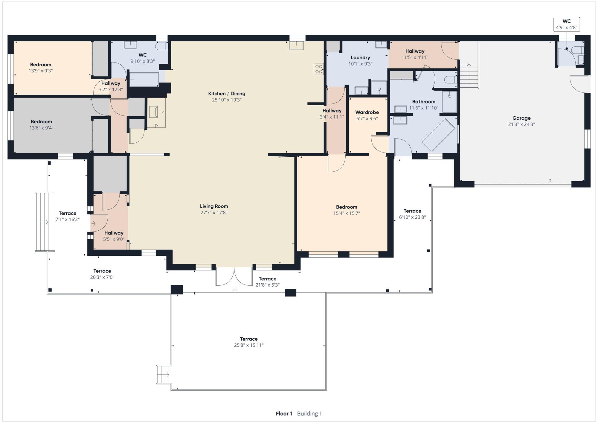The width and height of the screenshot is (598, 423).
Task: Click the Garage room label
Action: (521, 118)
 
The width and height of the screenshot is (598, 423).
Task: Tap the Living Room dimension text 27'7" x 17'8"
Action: (214, 213)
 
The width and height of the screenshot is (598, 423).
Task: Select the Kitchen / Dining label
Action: (227, 94)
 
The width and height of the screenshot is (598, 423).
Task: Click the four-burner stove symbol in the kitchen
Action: (319, 69)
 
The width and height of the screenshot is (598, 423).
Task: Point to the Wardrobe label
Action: (367, 112)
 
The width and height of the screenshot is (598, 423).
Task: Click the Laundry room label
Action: (360, 57)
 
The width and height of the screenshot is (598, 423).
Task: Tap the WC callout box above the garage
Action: (567, 24)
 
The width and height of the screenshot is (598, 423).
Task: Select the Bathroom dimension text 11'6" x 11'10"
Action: (423, 108)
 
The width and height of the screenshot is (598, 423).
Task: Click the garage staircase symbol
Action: (469, 76)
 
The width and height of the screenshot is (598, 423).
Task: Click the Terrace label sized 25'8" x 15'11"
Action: (249, 339)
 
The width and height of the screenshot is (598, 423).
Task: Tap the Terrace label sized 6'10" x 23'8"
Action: (412, 211)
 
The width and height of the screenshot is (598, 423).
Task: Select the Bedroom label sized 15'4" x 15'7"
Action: (347, 207)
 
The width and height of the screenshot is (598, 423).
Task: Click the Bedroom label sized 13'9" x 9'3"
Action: (41, 65)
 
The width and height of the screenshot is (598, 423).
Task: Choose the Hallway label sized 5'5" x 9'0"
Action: (114, 233)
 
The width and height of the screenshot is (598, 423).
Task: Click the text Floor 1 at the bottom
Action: (284, 413)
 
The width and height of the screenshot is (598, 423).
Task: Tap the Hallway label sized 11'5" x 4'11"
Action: (415, 51)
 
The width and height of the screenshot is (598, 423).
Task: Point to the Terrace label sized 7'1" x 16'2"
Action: (68, 213)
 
